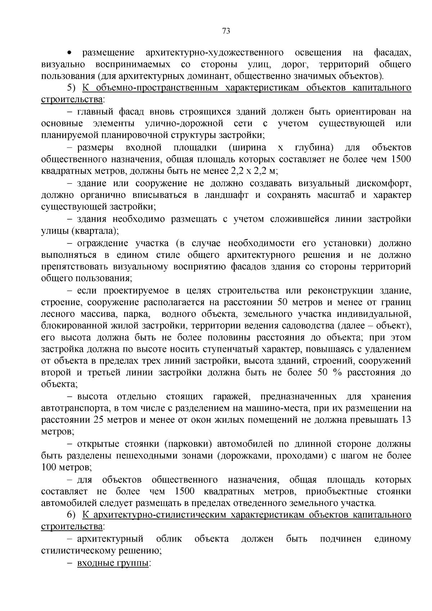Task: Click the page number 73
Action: pos(226,31)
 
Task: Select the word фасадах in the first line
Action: pos(392,53)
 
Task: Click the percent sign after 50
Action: pos(337,373)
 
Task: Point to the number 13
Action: pos(406,420)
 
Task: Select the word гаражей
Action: pos(231,396)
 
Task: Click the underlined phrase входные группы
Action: pos(113,563)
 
